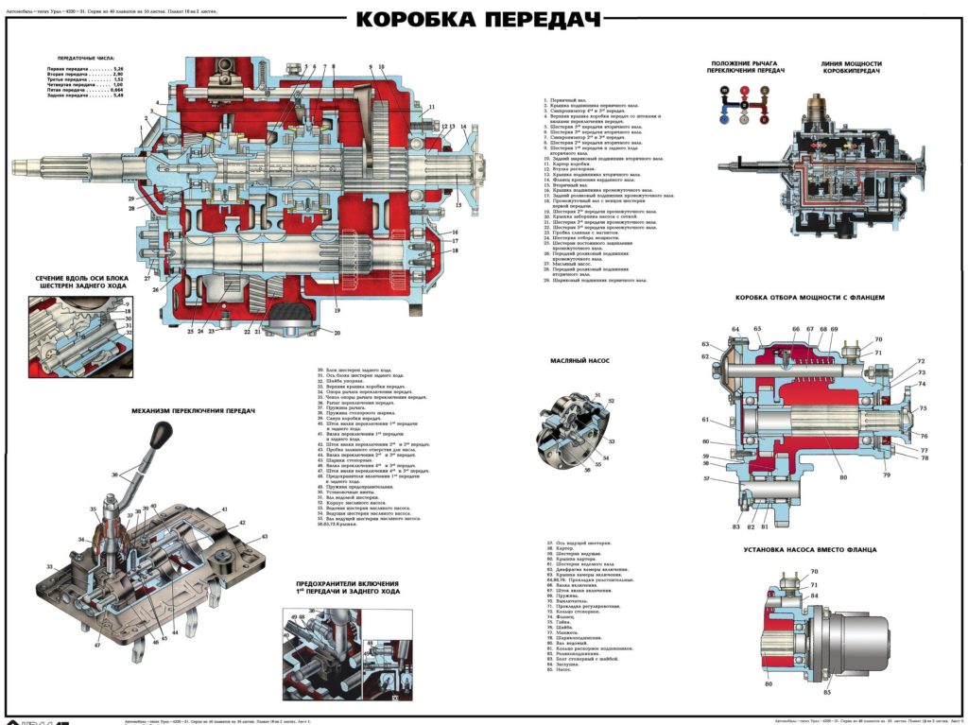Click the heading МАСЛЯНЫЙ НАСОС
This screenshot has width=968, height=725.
tap(577, 361)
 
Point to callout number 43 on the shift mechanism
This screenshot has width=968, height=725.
tap(265, 536)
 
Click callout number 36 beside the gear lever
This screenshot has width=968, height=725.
tap(115, 475)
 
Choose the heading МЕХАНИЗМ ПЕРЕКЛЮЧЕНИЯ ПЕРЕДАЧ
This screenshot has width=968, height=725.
tap(193, 411)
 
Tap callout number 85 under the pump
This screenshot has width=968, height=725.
tap(827, 692)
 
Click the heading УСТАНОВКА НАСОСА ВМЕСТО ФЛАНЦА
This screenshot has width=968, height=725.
tap(809, 549)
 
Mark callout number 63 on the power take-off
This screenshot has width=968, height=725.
tap(705, 344)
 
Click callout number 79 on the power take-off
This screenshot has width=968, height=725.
tap(887, 475)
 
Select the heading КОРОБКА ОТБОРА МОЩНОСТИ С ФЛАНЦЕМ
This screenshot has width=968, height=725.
tap(810, 297)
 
